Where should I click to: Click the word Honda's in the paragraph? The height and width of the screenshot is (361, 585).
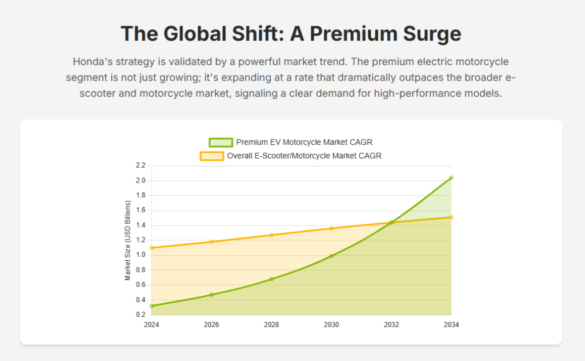[92, 61]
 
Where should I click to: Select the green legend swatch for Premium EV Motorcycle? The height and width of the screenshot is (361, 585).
[221, 142]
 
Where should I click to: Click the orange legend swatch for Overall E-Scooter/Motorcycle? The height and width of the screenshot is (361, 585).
[211, 156]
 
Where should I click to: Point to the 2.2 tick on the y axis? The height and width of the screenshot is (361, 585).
[141, 166]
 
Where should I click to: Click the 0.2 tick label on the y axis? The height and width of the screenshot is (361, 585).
[141, 315]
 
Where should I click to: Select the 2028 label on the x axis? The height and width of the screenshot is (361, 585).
[271, 325]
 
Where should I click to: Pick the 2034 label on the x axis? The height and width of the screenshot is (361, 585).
[451, 325]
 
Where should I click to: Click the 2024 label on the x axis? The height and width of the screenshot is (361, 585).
[151, 325]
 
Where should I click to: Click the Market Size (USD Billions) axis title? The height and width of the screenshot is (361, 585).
[128, 240]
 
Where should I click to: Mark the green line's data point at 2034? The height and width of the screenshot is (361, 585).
[451, 178]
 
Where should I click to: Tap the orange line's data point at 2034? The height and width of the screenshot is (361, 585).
[451, 217]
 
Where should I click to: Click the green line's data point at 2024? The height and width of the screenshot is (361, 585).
[151, 306]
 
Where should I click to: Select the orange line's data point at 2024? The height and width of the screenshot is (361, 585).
[151, 248]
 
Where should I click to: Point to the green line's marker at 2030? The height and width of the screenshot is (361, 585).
[331, 256]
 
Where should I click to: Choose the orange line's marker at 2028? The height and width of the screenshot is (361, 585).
[271, 235]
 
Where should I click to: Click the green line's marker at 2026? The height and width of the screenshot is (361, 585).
[211, 295]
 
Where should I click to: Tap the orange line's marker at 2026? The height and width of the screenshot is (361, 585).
[211, 242]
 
